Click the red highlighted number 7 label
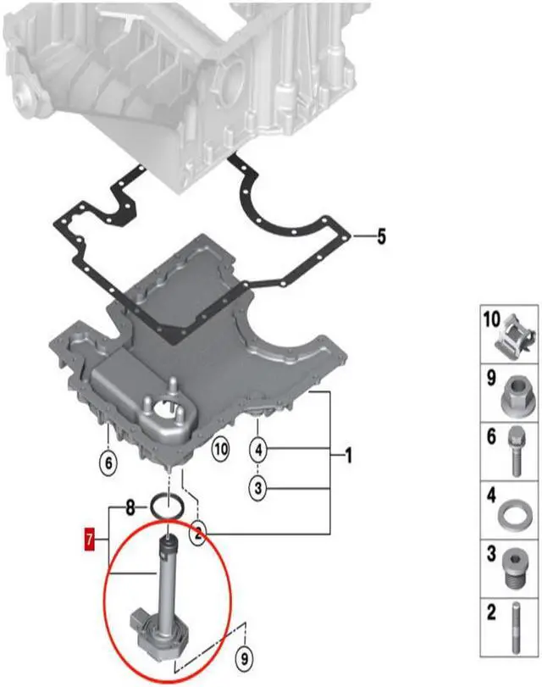tap(89, 537)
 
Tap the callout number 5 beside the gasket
tap(380, 235)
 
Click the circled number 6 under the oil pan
tap(108, 463)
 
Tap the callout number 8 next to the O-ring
tap(130, 508)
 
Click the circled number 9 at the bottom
tap(244, 655)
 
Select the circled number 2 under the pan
tap(196, 533)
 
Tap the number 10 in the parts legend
tap(492, 320)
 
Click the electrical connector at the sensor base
tap(140, 624)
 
